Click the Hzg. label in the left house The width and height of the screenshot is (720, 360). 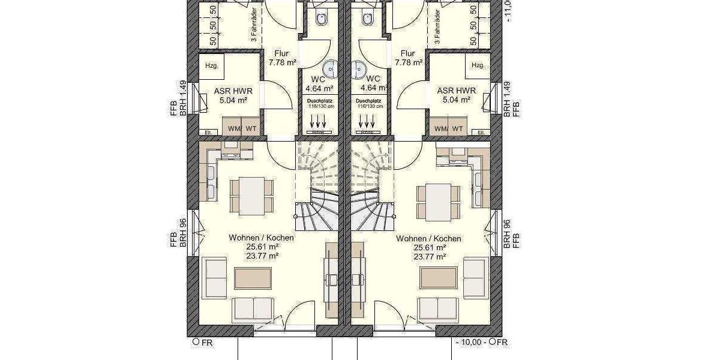coord(211,65)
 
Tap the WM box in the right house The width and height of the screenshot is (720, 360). coord(440,128)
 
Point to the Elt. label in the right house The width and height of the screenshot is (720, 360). coord(480,133)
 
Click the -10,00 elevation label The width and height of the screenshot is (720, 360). coord(470,343)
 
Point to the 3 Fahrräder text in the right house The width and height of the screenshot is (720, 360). coord(437,27)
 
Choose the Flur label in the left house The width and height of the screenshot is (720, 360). coord(281,53)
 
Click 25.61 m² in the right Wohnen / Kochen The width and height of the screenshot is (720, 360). coord(428,247)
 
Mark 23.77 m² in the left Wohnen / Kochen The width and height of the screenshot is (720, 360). coord(261,256)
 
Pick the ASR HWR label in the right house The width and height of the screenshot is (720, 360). coord(454,91)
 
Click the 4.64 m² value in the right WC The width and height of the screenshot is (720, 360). coord(373,88)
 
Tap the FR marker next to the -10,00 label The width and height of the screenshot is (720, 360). coord(499,343)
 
